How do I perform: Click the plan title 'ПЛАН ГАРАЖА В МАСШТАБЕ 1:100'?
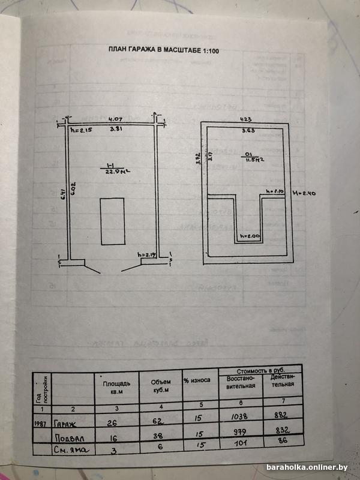(163, 51)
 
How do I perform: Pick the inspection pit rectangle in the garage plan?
(112, 220)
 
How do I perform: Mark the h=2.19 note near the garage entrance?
(147, 255)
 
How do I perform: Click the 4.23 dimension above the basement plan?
(244, 118)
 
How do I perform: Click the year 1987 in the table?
(41, 422)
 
